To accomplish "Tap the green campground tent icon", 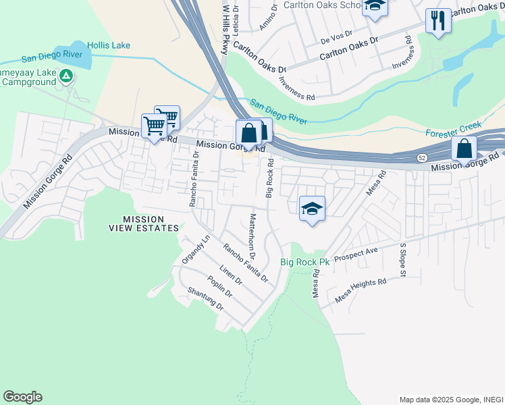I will click(x=66, y=76).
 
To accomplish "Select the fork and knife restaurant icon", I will click(x=438, y=20).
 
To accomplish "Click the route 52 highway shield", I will click(x=420, y=158).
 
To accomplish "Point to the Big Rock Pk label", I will click(x=304, y=262).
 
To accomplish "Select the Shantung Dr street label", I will click(x=205, y=298).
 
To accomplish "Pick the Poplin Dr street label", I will click(x=219, y=288).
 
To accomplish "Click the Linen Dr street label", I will click(x=231, y=277).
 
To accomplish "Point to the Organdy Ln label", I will click(x=196, y=250).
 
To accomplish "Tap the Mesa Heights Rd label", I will click(x=361, y=290).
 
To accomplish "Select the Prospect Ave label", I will click(x=356, y=255).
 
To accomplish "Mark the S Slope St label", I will click(x=402, y=260).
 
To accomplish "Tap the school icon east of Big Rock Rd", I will click(x=313, y=209).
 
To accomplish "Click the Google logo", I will click(x=22, y=397).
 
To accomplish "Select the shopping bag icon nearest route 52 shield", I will click(x=464, y=149).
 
